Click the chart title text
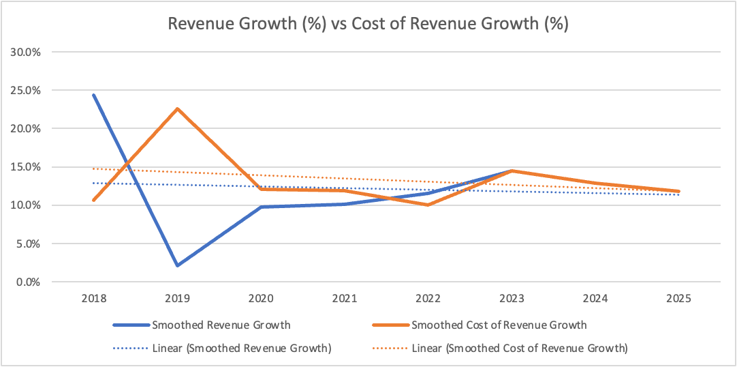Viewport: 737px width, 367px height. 368,25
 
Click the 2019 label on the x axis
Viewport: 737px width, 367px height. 177,299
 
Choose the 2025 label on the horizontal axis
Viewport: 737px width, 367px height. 678,299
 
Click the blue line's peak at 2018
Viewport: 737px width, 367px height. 93,95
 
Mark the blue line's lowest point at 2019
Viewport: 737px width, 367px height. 177,265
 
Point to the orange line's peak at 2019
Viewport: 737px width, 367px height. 177,108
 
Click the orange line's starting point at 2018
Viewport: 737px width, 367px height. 93,200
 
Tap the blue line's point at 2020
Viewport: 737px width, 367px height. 261,207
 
